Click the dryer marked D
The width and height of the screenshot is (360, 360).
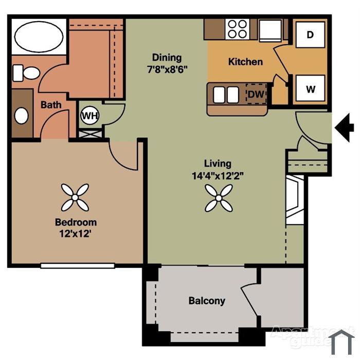click(310, 34)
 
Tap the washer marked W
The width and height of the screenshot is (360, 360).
click(310, 88)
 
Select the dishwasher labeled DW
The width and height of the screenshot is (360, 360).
click(256, 94)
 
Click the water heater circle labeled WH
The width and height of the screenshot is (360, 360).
click(90, 115)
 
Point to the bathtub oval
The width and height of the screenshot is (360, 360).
click(39, 37)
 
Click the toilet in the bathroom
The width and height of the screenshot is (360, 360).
click(26, 73)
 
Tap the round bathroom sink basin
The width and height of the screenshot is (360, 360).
click(22, 116)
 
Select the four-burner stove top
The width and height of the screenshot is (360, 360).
click(238, 29)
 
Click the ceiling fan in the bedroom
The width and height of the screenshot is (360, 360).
click(75, 197)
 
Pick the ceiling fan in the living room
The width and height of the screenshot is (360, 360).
click(219, 198)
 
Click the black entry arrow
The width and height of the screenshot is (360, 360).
click(344, 128)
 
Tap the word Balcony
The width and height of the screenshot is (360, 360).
click(207, 301)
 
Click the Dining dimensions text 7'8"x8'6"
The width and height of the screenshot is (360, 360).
click(167, 69)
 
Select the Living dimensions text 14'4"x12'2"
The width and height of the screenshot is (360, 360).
click(218, 176)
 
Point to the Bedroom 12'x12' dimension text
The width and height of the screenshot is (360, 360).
click(76, 234)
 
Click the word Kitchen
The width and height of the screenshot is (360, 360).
click(245, 62)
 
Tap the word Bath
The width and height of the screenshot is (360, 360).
click(51, 105)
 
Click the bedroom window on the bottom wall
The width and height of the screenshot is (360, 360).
click(78, 266)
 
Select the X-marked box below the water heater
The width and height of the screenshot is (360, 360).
click(90, 134)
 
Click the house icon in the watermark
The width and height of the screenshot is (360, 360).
click(341, 342)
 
